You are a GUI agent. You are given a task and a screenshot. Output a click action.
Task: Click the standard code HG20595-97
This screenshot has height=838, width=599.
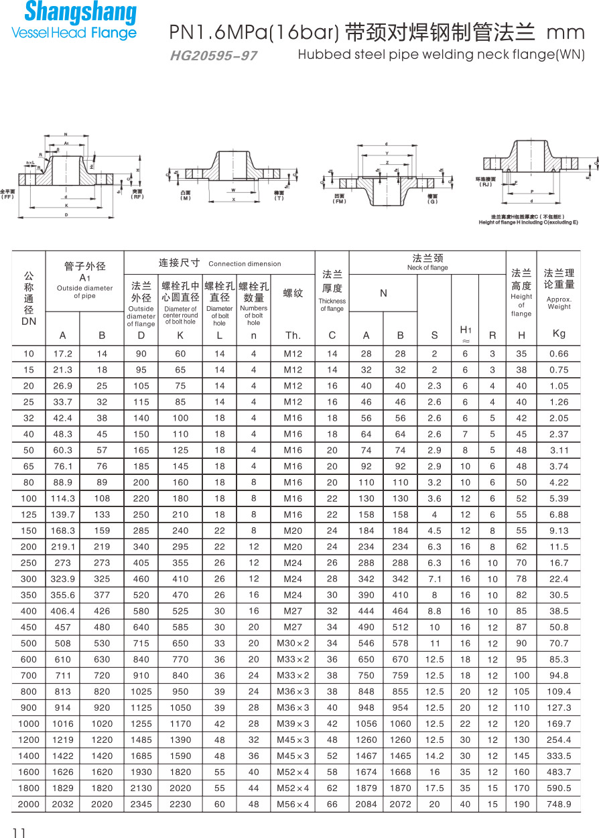pos(213,56)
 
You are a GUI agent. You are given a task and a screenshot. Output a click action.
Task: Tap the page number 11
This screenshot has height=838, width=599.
pos(18,832)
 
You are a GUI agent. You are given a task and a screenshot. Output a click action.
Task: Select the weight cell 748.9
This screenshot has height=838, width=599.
pos(559,804)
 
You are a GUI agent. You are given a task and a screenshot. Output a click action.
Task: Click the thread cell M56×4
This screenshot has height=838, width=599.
pos(293,804)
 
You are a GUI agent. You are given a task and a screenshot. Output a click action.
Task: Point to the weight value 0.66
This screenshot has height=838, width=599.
pos(559,354)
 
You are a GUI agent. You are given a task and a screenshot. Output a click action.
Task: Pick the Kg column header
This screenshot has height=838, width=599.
pos(559,334)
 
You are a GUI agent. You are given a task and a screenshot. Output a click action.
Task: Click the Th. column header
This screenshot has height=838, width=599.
pos(293,335)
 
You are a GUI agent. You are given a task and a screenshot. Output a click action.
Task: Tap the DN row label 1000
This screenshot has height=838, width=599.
pos(28,723)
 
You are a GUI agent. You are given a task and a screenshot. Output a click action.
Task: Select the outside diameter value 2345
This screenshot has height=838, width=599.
pos(141,804)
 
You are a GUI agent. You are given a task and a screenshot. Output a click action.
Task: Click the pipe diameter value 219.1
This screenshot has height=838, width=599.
pos(62,547)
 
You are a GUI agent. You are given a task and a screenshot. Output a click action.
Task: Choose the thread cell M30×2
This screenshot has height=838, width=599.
pos(293,643)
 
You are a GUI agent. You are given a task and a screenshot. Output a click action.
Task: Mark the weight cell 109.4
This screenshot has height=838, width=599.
pos(559,691)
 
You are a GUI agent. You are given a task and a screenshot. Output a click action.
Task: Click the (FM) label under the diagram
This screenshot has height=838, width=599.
pos(340,201)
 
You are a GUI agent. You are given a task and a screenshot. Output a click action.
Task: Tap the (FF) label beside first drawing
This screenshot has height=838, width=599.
pos(7,196)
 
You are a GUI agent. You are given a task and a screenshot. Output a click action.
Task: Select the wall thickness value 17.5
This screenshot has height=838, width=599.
pos(434,788)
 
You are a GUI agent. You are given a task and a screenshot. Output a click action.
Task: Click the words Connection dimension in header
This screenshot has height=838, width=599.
pos(245,264)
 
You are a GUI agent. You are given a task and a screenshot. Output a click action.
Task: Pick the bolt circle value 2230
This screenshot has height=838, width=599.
pos(180,804)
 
